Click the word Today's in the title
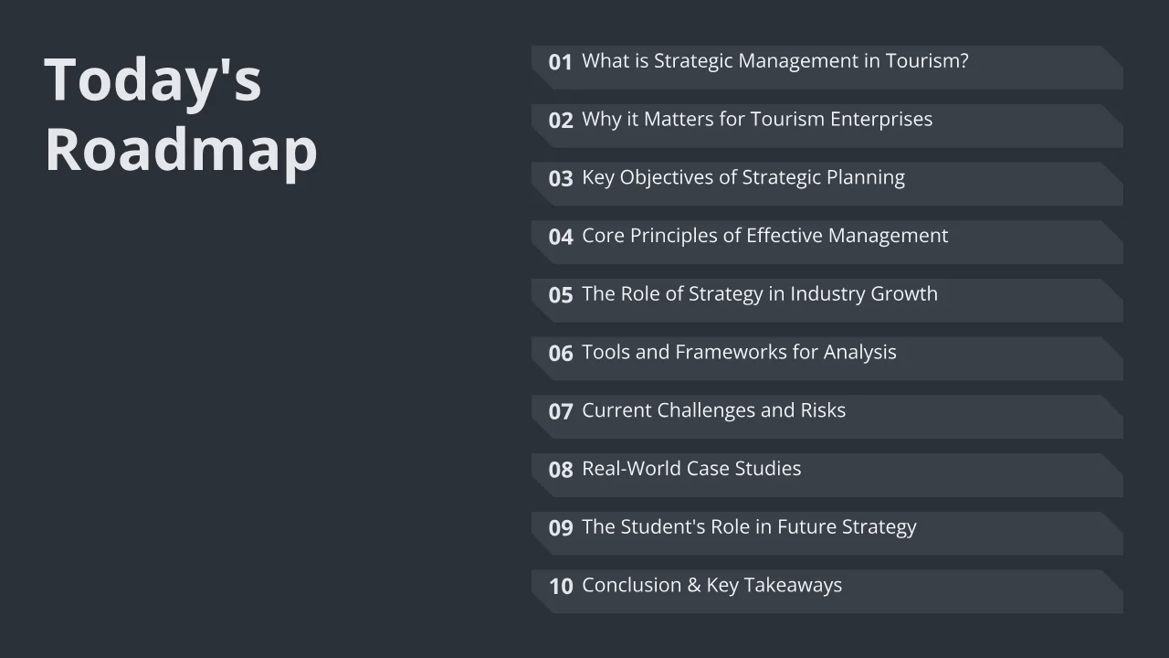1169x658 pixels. click(x=153, y=80)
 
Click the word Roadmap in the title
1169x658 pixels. click(x=181, y=150)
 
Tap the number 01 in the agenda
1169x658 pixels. click(x=561, y=62)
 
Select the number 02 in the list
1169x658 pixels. click(x=561, y=121)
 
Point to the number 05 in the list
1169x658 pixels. click(x=561, y=295)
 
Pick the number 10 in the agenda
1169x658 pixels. click(x=561, y=587)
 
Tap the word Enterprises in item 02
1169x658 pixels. click(x=881, y=119)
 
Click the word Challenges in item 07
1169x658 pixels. click(x=706, y=411)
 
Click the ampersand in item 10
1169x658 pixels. click(x=694, y=586)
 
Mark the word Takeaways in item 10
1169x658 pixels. click(x=793, y=586)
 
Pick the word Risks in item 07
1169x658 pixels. click(x=823, y=410)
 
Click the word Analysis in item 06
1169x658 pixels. click(x=860, y=353)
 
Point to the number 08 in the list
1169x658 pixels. click(x=561, y=470)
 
